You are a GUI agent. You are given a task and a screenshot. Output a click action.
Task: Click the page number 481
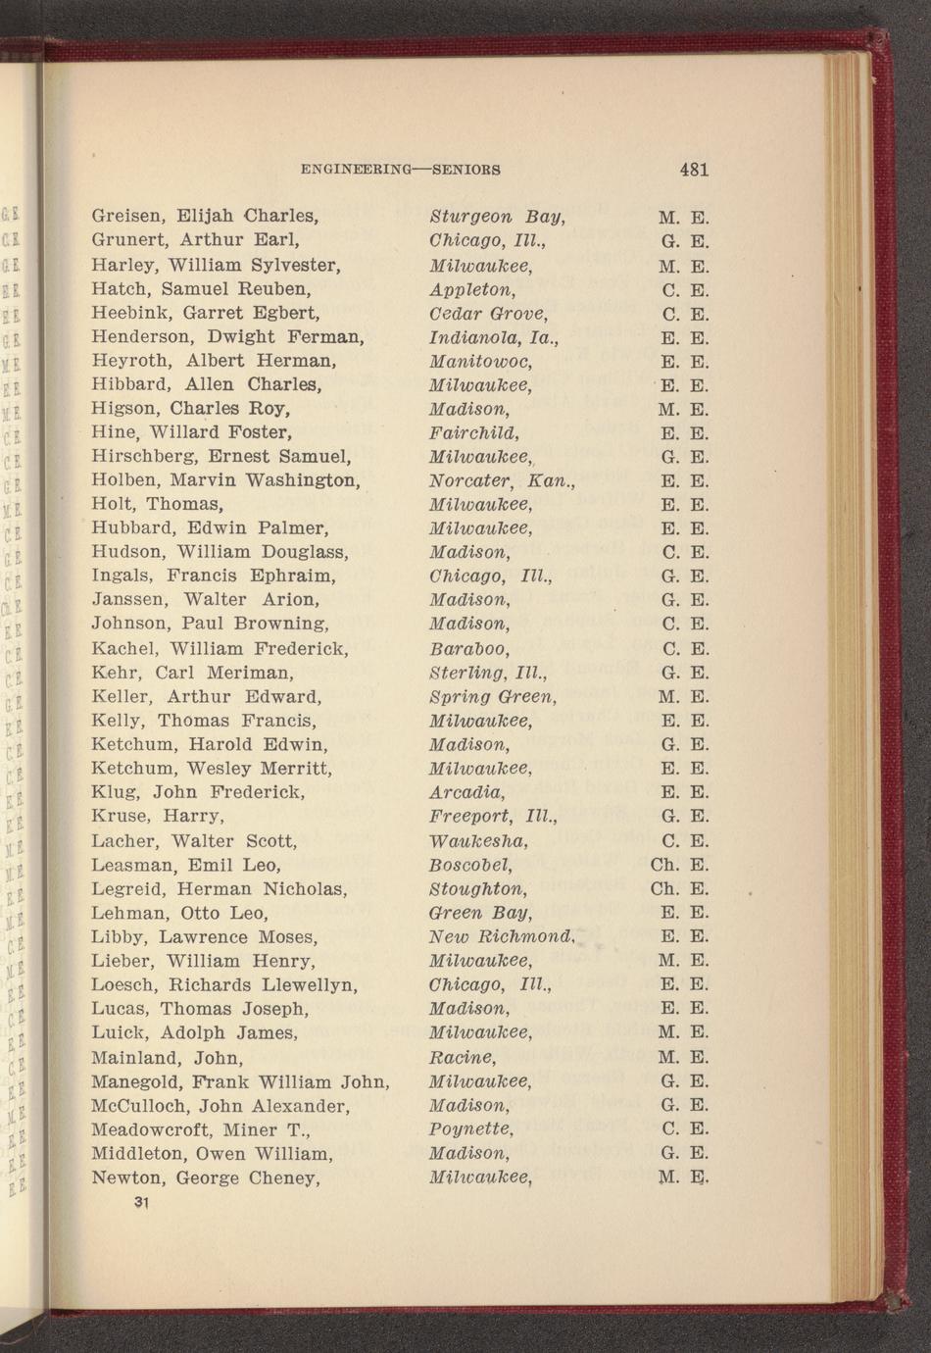point(693,169)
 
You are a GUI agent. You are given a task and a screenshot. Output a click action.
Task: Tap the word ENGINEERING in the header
point(356,170)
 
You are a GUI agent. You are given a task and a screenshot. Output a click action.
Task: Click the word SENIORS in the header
point(466,170)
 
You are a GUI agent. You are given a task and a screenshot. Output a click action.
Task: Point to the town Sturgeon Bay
point(498,217)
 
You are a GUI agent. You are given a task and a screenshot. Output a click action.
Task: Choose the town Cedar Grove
point(488,315)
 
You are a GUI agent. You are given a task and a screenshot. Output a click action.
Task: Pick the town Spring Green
point(493,697)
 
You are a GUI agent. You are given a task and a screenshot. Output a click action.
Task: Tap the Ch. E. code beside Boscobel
point(678,865)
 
